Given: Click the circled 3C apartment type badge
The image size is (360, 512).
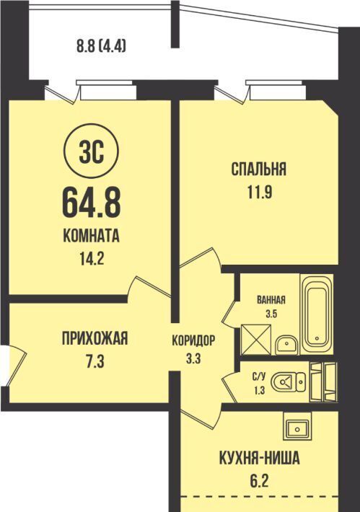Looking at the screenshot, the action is (x=92, y=151).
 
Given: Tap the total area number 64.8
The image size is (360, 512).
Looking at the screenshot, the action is (x=92, y=204).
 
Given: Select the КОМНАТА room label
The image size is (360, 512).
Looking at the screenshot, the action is (x=91, y=236).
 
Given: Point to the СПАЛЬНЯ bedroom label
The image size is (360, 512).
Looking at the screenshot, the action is (x=259, y=169).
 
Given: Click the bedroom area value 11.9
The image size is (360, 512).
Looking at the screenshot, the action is (x=258, y=193).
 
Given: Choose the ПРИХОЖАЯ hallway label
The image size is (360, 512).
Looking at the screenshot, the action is (x=95, y=338).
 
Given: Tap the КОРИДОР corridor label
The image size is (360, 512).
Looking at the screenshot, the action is (x=193, y=340).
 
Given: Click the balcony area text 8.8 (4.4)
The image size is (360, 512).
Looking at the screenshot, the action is (x=101, y=46).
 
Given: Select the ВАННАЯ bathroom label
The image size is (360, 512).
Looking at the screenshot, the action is (x=271, y=300).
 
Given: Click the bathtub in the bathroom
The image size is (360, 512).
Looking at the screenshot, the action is (x=317, y=314).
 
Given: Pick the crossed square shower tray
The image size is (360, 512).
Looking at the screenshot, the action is (x=256, y=339).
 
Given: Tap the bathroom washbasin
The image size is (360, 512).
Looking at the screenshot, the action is (x=286, y=345).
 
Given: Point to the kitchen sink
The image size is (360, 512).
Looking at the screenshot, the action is (x=297, y=427).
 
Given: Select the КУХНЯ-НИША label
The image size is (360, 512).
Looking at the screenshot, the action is (x=259, y=459).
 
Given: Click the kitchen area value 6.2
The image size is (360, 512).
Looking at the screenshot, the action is (x=258, y=481).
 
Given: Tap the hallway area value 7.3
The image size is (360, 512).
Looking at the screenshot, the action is (x=95, y=361).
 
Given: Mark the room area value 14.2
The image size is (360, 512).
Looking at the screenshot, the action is (x=91, y=260).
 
